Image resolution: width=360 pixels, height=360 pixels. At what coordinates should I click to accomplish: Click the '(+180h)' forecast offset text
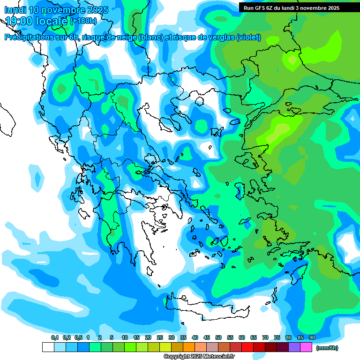pos(83,21)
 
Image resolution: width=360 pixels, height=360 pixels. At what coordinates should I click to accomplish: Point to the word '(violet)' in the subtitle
pos(248,37)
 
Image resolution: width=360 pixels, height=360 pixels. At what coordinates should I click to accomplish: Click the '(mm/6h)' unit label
pos(327,348)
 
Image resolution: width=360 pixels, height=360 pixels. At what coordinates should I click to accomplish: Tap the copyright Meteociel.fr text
pos(199,356)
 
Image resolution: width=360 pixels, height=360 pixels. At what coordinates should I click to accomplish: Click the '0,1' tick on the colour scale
pos(54,337)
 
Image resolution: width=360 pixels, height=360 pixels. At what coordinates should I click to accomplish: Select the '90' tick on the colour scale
pos(312,337)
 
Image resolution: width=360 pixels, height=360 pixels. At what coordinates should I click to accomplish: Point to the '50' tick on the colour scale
pos(218,337)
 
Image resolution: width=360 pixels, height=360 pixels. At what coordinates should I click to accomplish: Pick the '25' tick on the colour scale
pos(160,337)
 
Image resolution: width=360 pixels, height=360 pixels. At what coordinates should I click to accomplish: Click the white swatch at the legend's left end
pos(48,347)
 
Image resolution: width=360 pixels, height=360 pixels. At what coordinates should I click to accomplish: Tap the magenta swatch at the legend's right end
pos(306,347)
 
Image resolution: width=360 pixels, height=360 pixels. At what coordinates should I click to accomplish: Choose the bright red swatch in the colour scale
pos(247,347)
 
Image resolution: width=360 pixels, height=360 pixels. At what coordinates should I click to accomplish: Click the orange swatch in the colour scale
pos(189,347)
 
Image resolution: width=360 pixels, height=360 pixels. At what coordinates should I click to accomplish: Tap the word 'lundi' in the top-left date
pos(15,10)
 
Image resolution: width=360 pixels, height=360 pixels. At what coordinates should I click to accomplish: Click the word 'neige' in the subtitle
pos(127,37)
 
